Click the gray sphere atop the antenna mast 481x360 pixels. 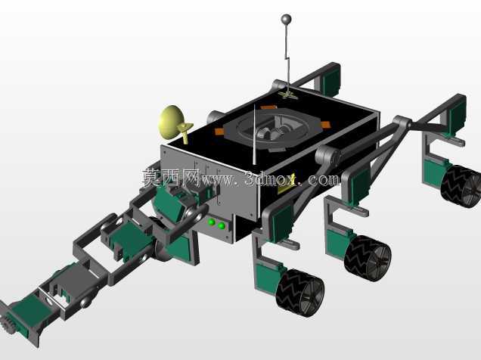click(x=286, y=20)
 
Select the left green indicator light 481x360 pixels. click(x=211, y=222)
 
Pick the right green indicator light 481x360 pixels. click(x=222, y=226)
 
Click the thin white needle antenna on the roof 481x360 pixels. click(x=255, y=135)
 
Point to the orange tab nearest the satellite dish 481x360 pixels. click(x=219, y=132)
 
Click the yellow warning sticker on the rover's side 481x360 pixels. click(x=286, y=183)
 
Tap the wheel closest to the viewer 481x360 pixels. click(x=299, y=292)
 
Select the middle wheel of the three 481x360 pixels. click(x=368, y=258)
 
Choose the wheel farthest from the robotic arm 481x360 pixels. click(x=461, y=186)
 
